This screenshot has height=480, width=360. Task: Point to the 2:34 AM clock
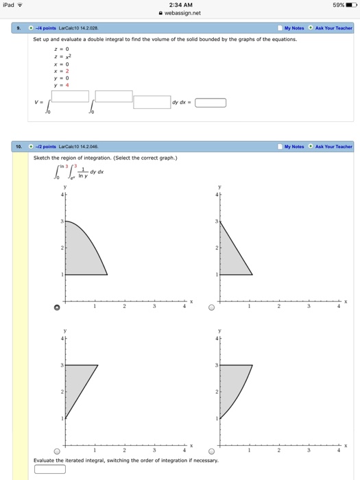click(x=180, y=4)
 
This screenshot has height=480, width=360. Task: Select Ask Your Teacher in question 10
click(x=333, y=146)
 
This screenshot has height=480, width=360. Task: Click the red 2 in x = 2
click(x=67, y=71)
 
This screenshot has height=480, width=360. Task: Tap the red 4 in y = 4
click(x=67, y=85)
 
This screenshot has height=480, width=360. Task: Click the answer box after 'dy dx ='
click(x=211, y=104)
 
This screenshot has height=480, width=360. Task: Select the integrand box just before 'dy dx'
click(x=152, y=102)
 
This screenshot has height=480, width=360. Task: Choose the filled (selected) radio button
click(x=58, y=308)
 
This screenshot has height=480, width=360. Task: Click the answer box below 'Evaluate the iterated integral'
click(x=49, y=469)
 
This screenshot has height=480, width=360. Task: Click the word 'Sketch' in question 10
click(x=42, y=158)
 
